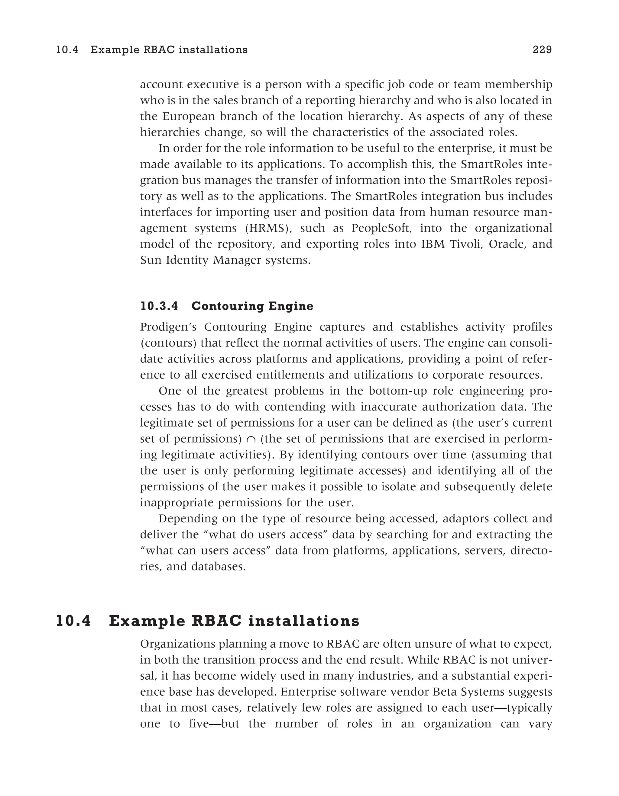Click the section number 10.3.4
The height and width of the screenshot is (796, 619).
pos(159,306)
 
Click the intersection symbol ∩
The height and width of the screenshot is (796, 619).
pos(251,439)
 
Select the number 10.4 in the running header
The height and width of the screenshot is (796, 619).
pos(67,50)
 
